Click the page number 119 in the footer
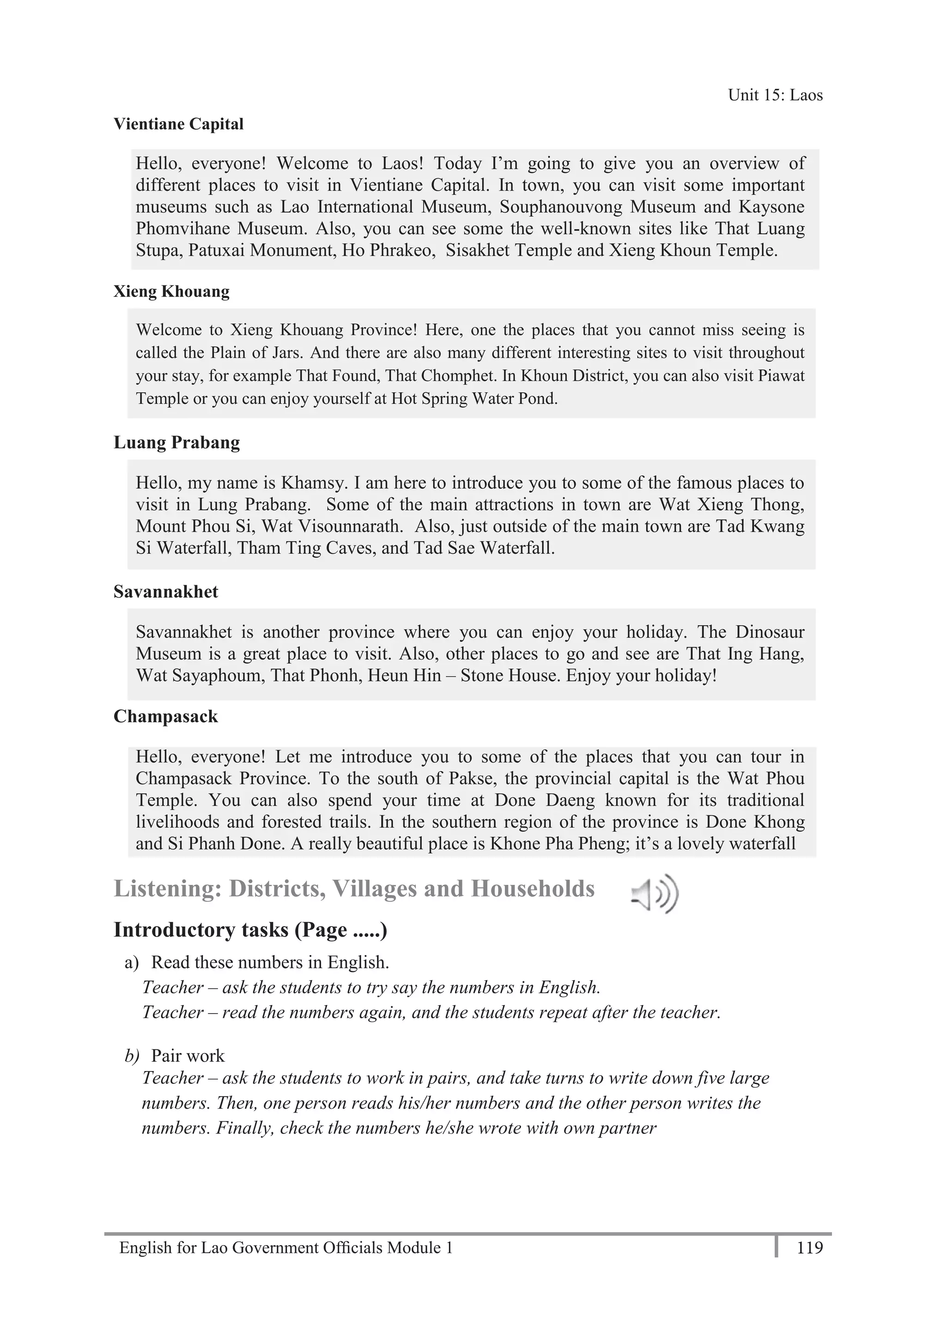809,1248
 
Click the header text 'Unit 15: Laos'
775,95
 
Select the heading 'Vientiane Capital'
178,124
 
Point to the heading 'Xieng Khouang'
171,291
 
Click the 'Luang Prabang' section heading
176,442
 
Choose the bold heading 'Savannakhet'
165,592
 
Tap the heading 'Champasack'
165,717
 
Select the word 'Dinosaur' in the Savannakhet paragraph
770,632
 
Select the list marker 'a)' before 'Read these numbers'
132,962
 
